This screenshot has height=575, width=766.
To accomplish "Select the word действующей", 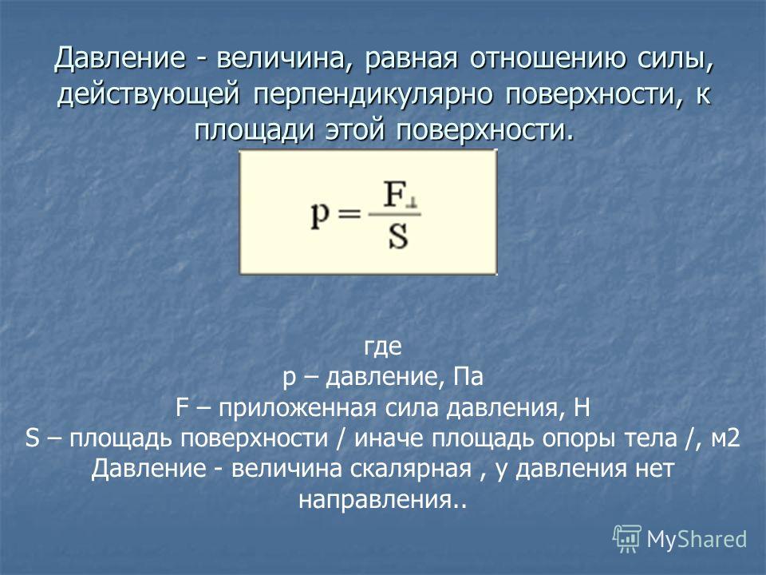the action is [x=148, y=94].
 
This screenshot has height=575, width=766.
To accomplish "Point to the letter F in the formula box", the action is [x=393, y=194].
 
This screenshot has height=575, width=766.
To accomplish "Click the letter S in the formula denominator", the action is [x=398, y=237].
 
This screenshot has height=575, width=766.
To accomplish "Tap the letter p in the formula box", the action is [x=320, y=216].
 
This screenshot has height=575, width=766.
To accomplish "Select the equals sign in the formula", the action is [x=349, y=215].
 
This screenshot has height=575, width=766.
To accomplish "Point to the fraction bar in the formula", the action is [x=394, y=214].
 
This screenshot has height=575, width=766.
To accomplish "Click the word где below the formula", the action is [x=383, y=347].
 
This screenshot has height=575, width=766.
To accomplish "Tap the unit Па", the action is [x=468, y=376].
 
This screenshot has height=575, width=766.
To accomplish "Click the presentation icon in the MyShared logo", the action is [x=627, y=538].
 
